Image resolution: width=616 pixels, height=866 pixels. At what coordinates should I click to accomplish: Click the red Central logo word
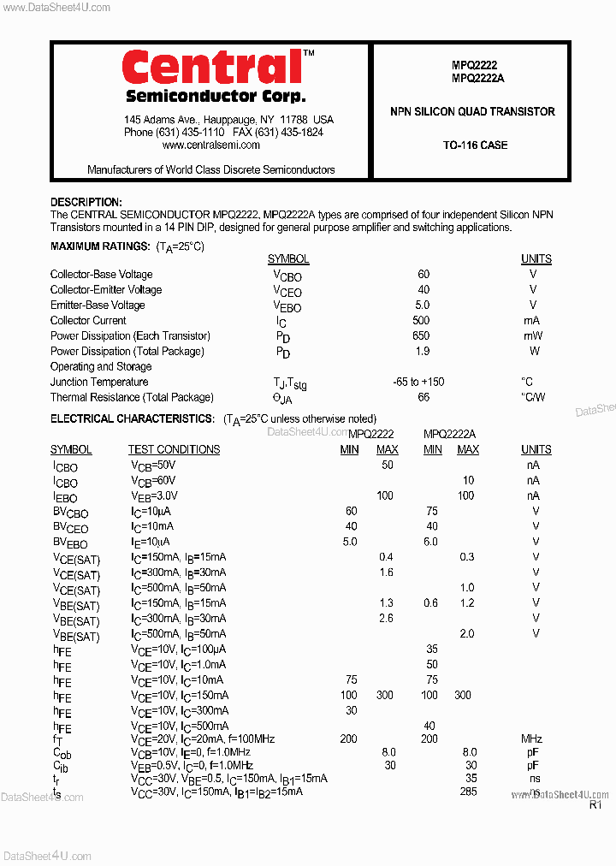pos(212,68)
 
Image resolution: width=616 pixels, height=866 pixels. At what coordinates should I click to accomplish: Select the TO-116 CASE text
pos(475,145)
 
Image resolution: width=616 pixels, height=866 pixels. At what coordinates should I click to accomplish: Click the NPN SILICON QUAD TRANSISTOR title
pos(472,112)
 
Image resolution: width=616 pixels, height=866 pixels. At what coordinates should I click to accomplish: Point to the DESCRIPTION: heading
pos(86,202)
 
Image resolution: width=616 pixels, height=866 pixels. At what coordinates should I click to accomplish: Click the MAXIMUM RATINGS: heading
pos(100,246)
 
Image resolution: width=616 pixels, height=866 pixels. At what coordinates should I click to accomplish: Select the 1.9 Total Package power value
pos(423,352)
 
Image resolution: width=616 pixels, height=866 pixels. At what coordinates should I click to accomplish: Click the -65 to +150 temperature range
pos(418,383)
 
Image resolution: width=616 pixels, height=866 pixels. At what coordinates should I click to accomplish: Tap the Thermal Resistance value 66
pos(423,398)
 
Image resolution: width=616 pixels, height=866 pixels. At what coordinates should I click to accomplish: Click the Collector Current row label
pos(88,321)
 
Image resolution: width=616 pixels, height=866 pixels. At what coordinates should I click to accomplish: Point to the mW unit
pos(533,336)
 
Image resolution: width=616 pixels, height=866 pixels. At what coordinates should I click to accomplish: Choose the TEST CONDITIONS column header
pos(174,450)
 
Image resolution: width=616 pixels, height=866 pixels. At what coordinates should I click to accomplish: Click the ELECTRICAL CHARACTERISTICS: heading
pos(133,419)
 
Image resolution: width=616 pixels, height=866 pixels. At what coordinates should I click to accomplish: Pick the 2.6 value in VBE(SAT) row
pos(386,619)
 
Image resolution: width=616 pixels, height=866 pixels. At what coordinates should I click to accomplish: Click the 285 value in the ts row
pos(468,792)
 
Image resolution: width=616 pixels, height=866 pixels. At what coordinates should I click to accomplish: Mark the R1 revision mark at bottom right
pos(595,804)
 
